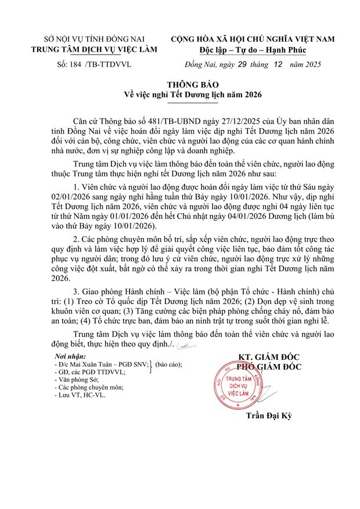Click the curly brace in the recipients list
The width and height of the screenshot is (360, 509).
[150, 367]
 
